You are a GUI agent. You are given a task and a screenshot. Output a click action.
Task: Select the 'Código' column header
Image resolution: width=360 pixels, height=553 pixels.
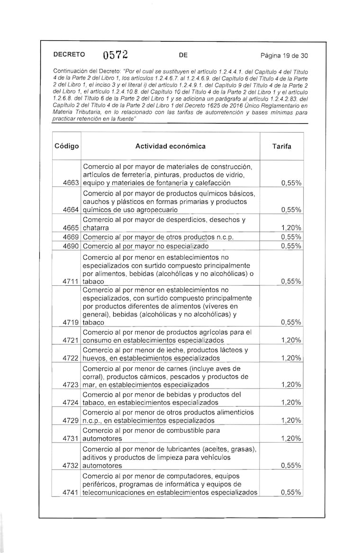[x=66, y=146]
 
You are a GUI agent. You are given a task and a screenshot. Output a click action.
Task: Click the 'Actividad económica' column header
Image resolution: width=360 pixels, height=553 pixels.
[x=171, y=146]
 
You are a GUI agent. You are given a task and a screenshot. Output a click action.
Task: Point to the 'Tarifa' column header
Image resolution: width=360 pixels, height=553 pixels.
[x=282, y=146]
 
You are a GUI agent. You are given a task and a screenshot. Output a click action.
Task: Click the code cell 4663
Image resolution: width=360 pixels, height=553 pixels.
[x=70, y=183]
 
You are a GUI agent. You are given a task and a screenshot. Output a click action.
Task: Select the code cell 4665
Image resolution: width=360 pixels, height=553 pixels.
[x=70, y=228]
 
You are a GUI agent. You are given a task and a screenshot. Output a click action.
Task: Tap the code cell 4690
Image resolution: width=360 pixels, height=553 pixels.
[x=70, y=246]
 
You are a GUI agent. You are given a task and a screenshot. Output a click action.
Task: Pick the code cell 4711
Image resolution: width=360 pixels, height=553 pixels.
[x=70, y=281]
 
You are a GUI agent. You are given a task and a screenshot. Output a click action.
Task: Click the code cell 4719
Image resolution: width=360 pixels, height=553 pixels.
[x=70, y=322]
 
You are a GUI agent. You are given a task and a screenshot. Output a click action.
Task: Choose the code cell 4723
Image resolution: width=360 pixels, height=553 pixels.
[x=70, y=385]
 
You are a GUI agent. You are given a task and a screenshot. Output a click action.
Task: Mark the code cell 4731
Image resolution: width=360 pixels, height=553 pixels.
[x=70, y=439]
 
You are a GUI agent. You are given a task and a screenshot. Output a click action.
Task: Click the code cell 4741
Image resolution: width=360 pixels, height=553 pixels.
[x=70, y=492]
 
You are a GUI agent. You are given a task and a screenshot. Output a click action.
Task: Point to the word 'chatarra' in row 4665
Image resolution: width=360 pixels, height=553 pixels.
[x=96, y=228]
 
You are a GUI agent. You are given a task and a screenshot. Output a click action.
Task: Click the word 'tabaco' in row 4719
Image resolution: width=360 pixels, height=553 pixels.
[x=93, y=322]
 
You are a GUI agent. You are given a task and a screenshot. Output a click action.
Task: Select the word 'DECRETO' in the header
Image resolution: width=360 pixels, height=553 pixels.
[x=69, y=54]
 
